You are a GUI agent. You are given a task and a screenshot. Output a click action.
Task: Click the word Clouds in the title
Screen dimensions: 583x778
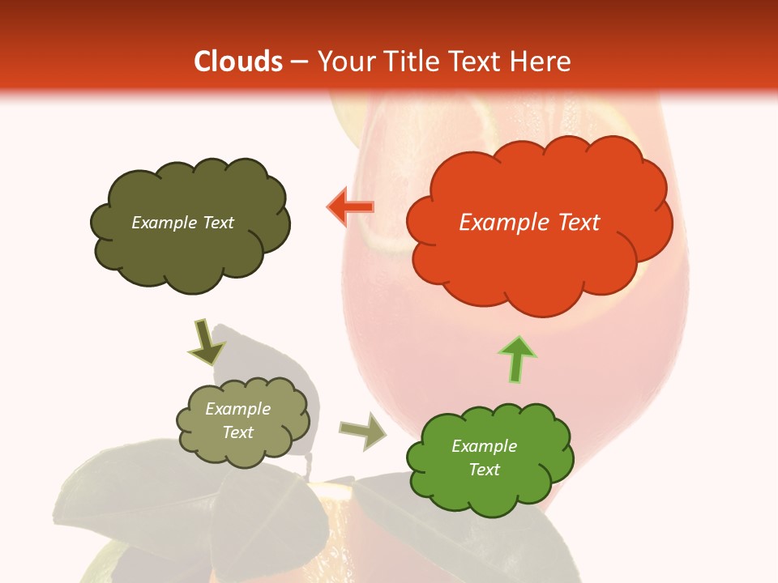[x=237, y=62]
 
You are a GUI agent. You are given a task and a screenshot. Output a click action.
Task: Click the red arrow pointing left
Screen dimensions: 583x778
[x=350, y=207]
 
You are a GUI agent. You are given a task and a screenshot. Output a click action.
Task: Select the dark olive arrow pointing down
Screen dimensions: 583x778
[x=206, y=343]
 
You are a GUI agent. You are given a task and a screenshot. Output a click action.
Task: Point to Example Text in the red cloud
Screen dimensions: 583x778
[x=529, y=223]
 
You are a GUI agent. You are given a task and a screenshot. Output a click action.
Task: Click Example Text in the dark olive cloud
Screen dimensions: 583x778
[x=182, y=223]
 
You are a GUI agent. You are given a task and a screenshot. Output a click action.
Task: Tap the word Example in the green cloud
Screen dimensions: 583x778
[x=484, y=446]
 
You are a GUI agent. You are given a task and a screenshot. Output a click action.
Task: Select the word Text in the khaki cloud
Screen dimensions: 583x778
[x=238, y=432]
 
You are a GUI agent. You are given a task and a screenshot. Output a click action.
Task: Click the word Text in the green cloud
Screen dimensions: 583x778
[x=484, y=470]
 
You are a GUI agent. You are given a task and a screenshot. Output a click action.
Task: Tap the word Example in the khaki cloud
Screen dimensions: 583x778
[x=238, y=409]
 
